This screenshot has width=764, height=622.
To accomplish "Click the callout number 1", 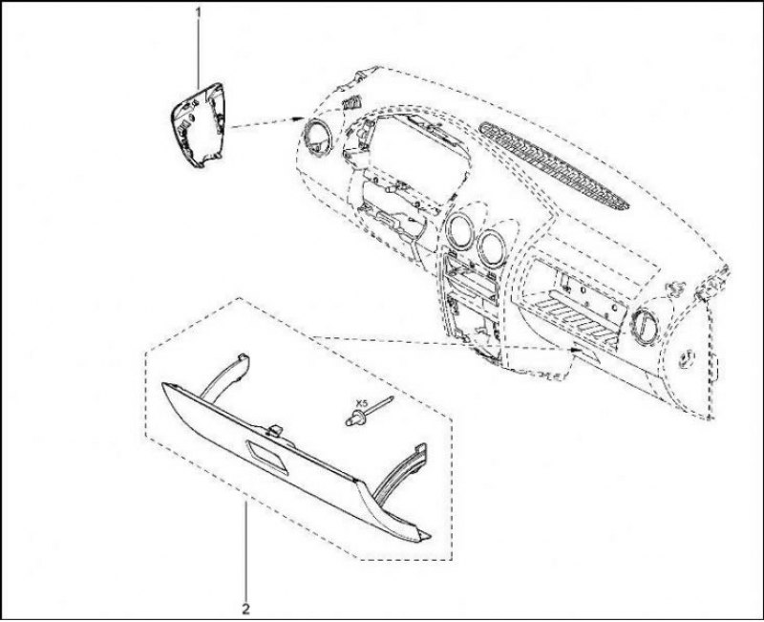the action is coord(199,11).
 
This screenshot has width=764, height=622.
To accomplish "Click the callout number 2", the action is coord(246,609).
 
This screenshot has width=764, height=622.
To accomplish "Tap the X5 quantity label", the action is coord(362,403).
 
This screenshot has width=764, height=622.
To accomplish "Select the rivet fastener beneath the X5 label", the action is coord(368,411).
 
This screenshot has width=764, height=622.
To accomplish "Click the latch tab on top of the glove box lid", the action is coord(275,430).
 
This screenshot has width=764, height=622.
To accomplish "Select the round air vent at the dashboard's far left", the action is coord(318,138).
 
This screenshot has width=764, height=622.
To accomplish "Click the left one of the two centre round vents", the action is coord(458,229).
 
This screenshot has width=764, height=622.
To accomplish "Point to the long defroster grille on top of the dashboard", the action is coord(554,165).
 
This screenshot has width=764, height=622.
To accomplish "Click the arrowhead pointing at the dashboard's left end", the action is coord(297,118).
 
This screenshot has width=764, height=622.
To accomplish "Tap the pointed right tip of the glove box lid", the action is coord(429,535).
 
